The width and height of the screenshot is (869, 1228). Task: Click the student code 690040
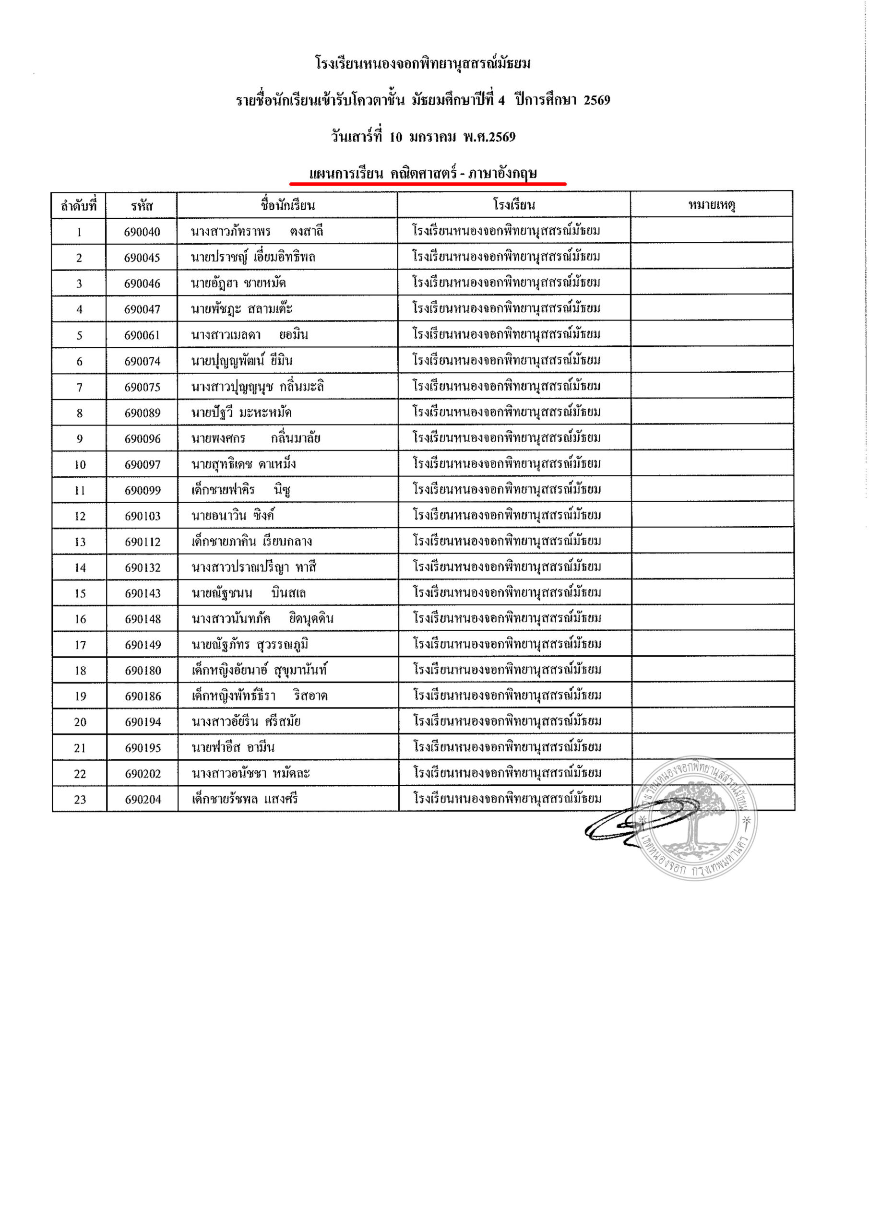pos(142,232)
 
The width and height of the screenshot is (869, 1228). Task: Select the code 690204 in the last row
pos(143,800)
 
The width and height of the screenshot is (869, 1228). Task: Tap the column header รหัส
pos(142,206)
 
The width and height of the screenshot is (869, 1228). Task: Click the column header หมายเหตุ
pos(711,205)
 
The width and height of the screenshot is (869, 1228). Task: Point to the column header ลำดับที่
pos(79,206)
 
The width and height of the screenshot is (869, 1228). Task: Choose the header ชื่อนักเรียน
pos(287,205)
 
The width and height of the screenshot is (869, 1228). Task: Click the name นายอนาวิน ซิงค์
pos(233,516)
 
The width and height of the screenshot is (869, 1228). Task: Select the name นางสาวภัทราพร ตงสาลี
pos(257,232)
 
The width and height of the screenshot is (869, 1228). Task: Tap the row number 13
pos(80,542)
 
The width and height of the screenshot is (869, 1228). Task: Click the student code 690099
pos(143,490)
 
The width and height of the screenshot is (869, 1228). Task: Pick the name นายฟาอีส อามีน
pos(233,748)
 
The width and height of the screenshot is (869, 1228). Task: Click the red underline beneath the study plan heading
pos(428,183)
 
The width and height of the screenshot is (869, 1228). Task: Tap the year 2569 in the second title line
pos(596,100)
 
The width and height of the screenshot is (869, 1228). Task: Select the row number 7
pos(79,387)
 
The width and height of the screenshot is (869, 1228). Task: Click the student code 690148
pos(143,619)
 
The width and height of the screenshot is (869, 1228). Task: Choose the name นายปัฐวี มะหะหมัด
pos(241,413)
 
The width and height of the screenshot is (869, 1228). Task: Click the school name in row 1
pos(506,231)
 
